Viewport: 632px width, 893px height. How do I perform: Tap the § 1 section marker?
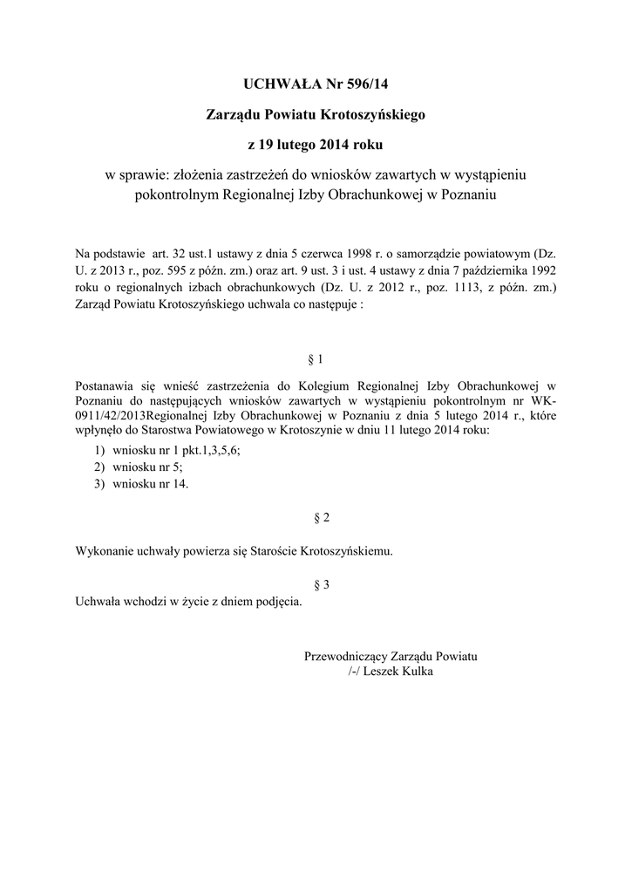click(x=316, y=358)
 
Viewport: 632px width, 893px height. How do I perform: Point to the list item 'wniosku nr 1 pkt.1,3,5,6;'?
click(x=171, y=450)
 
